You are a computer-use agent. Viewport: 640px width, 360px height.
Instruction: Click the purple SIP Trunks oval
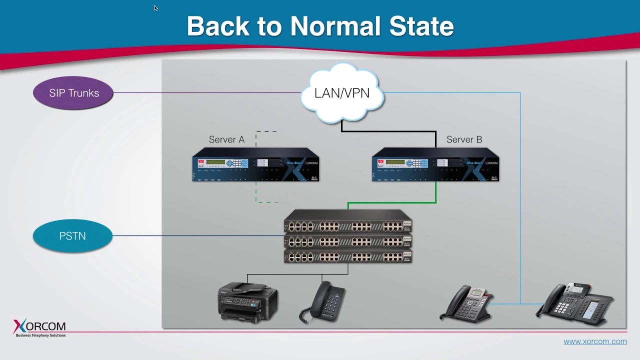click(73, 93)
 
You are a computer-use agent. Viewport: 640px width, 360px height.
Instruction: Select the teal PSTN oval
click(73, 236)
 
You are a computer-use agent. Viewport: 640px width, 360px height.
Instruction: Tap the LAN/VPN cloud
click(342, 93)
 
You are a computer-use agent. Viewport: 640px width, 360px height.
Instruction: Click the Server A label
click(226, 139)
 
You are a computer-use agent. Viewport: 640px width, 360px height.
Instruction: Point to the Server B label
click(464, 139)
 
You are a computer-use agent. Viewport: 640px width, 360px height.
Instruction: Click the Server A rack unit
click(255, 165)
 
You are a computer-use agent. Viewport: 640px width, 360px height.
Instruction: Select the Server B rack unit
click(435, 165)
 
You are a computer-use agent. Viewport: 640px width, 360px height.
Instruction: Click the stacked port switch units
click(348, 236)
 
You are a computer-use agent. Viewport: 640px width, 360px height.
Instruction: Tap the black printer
click(247, 302)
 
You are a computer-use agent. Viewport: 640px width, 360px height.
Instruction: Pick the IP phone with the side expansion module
click(575, 301)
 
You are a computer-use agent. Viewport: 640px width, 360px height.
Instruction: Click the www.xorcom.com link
click(595, 341)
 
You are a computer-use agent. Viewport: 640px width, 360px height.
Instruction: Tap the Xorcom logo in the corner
click(39, 328)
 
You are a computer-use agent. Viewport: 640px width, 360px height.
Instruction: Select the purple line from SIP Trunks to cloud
click(205, 92)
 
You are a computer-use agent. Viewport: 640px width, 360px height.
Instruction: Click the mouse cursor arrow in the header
click(155, 8)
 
